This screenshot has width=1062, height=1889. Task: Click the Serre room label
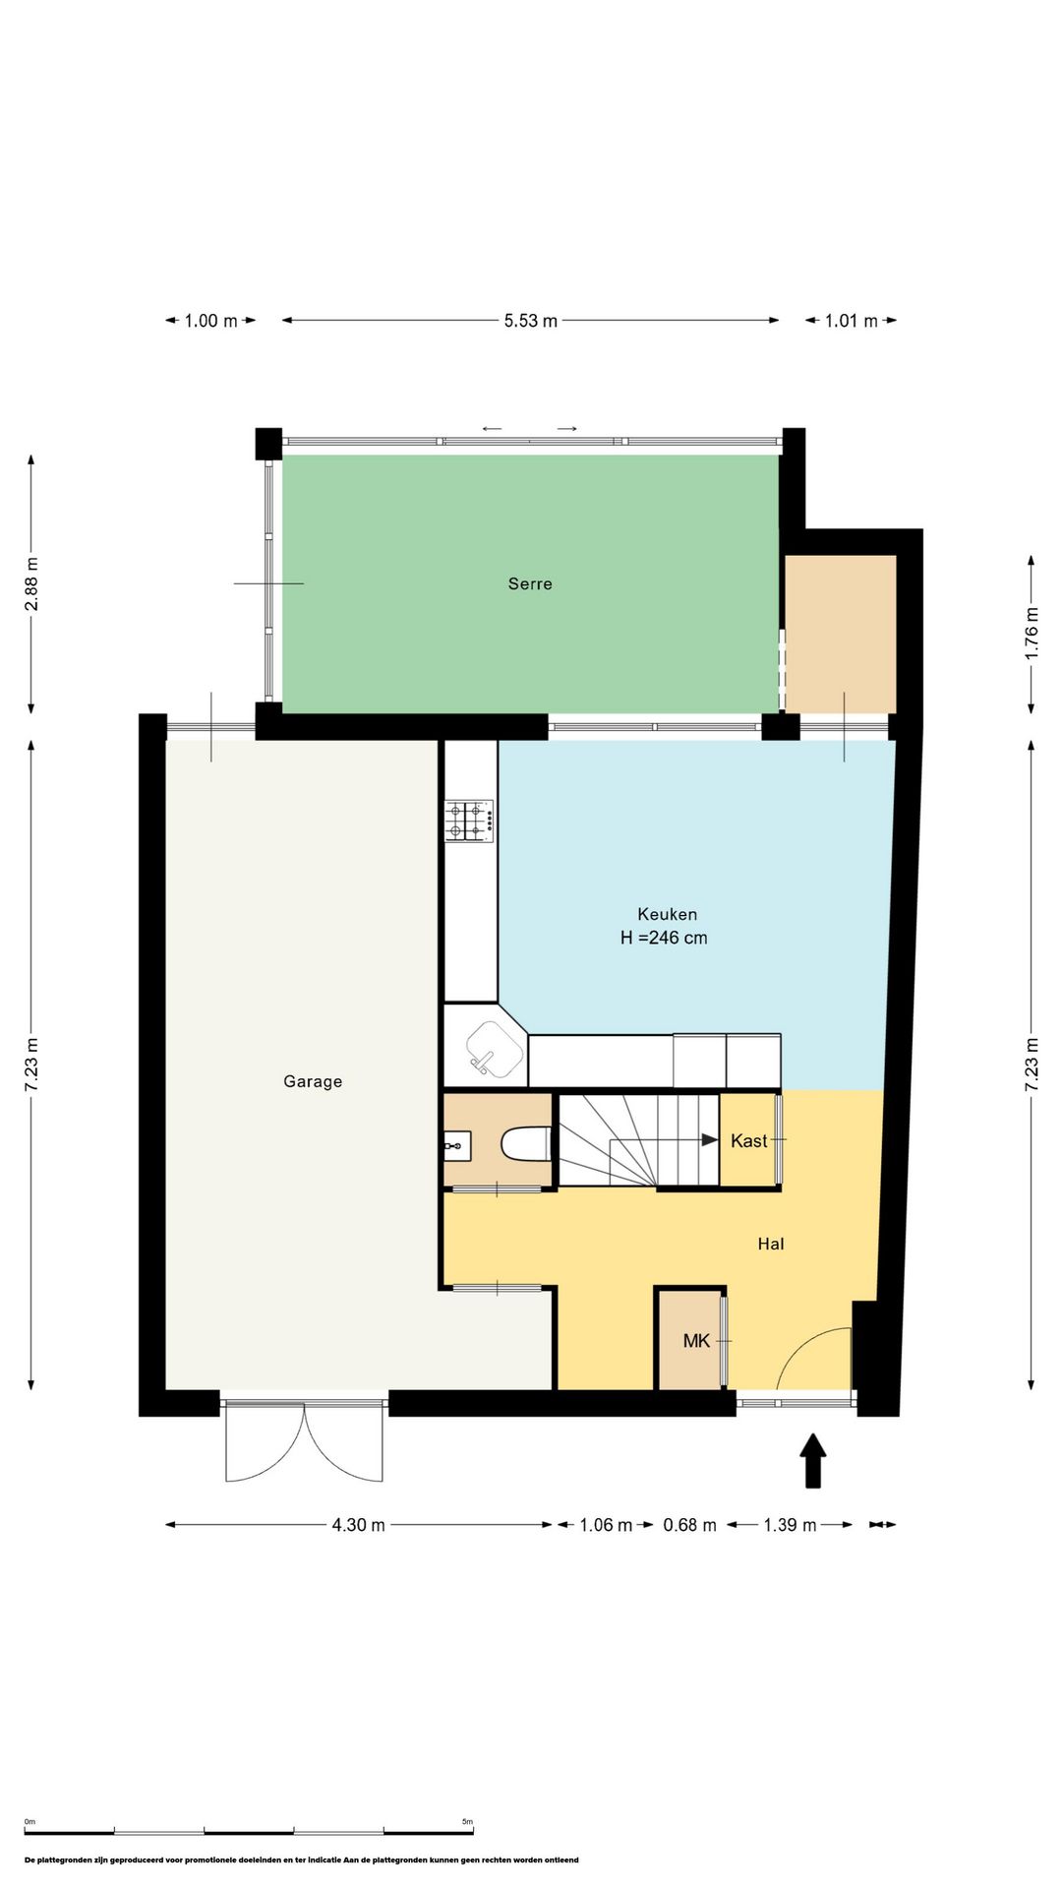530,583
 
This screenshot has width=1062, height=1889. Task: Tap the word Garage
313,1081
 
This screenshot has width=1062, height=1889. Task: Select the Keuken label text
667,914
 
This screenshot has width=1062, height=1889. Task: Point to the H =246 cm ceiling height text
664,938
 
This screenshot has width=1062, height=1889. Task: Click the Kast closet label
748,1140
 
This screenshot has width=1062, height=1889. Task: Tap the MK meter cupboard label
696,1340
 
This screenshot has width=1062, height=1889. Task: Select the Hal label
771,1244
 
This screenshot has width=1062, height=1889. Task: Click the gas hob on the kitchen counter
469,821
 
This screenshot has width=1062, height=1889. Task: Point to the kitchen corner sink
494,1050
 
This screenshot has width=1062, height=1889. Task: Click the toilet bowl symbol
525,1144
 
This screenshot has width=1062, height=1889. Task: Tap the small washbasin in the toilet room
457,1146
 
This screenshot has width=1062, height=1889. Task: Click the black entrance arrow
812,1460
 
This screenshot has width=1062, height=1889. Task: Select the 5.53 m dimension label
531,321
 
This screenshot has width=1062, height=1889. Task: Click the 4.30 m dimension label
358,1525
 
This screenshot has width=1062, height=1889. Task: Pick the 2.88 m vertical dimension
31,583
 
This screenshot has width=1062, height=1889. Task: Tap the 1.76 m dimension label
1032,634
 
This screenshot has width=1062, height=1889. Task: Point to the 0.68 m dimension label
689,1525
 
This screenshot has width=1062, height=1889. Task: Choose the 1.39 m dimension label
790,1525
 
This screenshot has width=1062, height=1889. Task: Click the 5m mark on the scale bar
467,1822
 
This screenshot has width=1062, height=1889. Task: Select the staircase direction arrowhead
709,1140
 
